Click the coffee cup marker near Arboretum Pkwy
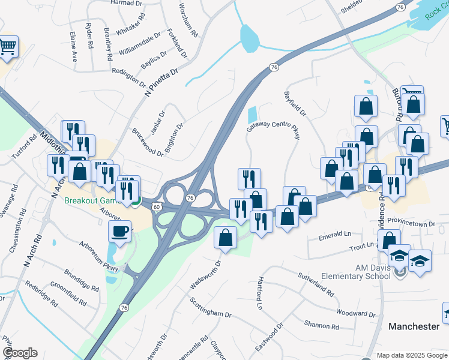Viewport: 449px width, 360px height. click(x=120, y=232)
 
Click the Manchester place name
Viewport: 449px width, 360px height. click(x=414, y=326)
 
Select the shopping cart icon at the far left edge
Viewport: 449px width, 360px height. click(x=7, y=46)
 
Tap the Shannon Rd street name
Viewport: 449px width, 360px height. click(x=322, y=326)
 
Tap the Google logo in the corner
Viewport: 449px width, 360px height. click(x=19, y=353)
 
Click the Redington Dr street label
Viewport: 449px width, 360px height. click(x=128, y=77)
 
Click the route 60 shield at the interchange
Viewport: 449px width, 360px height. click(x=156, y=206)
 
